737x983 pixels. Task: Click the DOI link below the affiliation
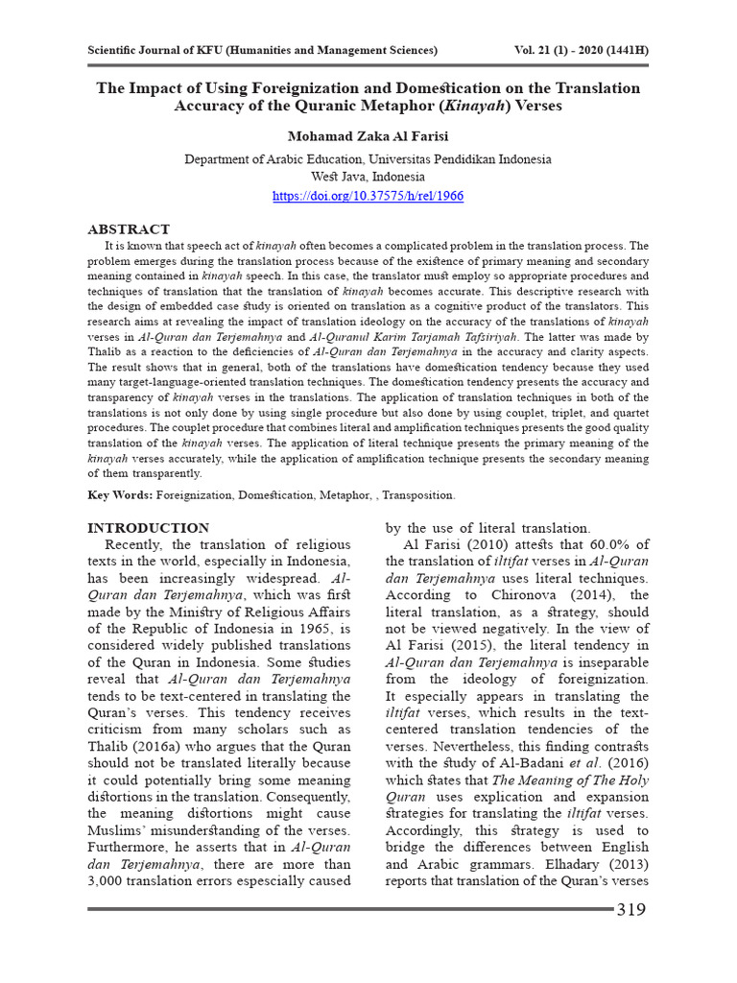368,195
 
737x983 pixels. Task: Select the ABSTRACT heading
129,229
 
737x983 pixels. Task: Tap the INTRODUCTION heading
148,528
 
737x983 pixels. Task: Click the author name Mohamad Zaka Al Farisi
368,137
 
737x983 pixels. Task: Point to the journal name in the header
262,49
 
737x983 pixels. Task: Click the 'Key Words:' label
119,495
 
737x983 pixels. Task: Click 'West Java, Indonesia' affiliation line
368,178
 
